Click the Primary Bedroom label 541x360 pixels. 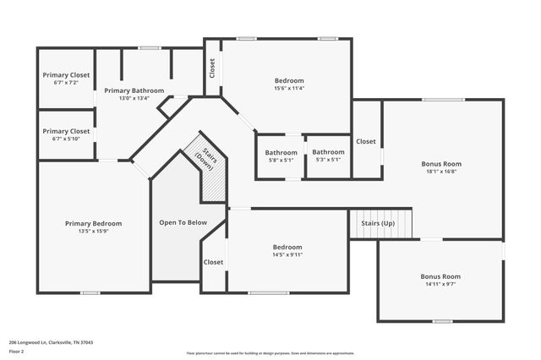click(x=93, y=223)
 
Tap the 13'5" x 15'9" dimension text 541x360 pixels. click(x=93, y=232)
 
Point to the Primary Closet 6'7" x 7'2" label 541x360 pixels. click(x=66, y=79)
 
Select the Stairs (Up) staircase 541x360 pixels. click(x=380, y=224)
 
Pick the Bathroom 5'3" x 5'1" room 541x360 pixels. click(x=328, y=155)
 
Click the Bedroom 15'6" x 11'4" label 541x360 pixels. click(x=276, y=84)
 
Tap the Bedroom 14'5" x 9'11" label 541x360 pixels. click(x=288, y=250)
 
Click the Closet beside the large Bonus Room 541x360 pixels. click(x=365, y=141)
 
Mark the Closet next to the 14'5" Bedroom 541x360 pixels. click(x=213, y=262)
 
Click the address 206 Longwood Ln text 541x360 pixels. click(x=50, y=342)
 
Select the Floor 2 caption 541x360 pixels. click(x=17, y=350)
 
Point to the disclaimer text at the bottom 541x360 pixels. click(x=270, y=353)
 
